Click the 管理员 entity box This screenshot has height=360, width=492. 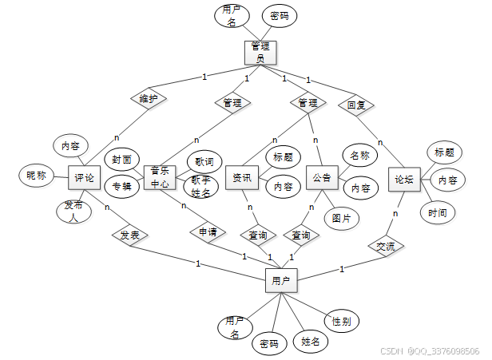[260, 52]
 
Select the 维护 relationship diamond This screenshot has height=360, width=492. [148, 99]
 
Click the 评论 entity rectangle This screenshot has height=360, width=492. [84, 177]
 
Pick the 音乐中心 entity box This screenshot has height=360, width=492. [159, 176]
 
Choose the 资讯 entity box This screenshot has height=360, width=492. [242, 177]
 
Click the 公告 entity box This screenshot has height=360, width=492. [322, 177]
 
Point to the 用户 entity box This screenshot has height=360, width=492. [280, 280]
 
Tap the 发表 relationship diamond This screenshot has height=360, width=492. [129, 235]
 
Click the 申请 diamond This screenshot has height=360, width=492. [207, 232]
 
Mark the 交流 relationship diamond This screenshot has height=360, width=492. [386, 246]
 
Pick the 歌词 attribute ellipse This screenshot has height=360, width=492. [204, 160]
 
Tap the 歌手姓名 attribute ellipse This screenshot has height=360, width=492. [201, 187]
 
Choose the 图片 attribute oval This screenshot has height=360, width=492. [342, 217]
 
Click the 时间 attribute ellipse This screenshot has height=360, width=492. [437, 212]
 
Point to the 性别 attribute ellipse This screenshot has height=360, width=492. [341, 322]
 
